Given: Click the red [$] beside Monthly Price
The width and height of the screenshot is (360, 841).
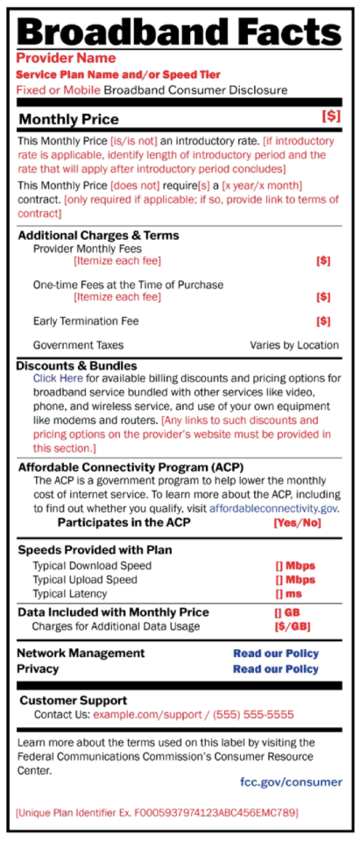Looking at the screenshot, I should point(330,116).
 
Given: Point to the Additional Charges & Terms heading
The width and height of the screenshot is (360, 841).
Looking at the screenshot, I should point(98,235).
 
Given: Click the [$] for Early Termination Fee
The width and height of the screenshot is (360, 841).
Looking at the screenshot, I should point(323,322).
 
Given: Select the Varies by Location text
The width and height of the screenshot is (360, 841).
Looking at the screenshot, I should point(293,345).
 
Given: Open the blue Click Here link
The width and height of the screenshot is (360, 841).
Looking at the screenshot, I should point(59,378).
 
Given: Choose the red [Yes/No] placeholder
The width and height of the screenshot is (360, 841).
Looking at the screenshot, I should point(298,523).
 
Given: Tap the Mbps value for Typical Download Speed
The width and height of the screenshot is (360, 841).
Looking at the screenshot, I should point(294,566).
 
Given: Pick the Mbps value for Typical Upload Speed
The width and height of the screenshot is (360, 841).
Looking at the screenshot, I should point(294,580).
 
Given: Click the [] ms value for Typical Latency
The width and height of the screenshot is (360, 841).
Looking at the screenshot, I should point(289,595).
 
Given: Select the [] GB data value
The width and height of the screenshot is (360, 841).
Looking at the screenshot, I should point(287,612).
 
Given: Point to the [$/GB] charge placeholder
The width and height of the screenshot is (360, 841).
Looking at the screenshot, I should point(293,626).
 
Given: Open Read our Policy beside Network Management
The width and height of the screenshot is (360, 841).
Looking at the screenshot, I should point(275,654).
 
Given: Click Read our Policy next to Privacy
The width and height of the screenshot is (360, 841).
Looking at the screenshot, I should point(275,669).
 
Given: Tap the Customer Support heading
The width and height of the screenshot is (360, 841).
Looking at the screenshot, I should point(73,701).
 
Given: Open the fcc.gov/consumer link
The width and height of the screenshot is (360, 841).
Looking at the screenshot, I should point(290,781).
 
